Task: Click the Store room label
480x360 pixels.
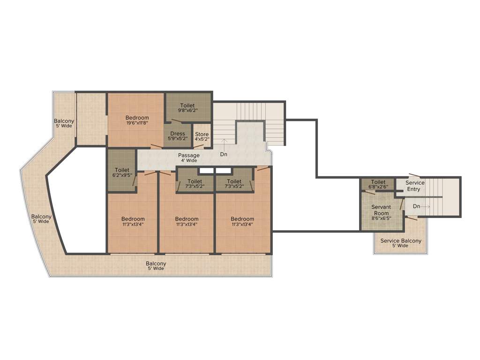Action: pyautogui.click(x=202, y=135)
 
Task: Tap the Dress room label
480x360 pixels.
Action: pyautogui.click(x=178, y=134)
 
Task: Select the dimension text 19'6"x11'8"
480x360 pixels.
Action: pyautogui.click(x=137, y=123)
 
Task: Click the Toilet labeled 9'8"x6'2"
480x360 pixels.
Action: pyautogui.click(x=187, y=106)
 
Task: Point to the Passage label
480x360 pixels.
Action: pyautogui.click(x=189, y=155)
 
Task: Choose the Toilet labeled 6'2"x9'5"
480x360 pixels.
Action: pyautogui.click(x=122, y=170)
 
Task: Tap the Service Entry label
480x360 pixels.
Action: pyautogui.click(x=415, y=183)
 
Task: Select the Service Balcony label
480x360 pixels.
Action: pyautogui.click(x=401, y=241)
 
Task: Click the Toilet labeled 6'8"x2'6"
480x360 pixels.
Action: pyautogui.click(x=378, y=182)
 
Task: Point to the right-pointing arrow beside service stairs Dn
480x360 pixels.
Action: pyautogui.click(x=425, y=206)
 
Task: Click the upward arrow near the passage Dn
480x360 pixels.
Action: pyautogui.click(x=225, y=143)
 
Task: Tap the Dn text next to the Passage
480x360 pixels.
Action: pyautogui.click(x=224, y=154)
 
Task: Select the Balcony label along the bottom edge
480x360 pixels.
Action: pyautogui.click(x=156, y=263)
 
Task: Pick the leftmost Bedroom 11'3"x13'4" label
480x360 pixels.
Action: pyautogui.click(x=133, y=219)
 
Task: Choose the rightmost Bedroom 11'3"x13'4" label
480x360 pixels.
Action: pyautogui.click(x=242, y=219)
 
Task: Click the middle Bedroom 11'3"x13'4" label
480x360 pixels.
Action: pyautogui.click(x=187, y=219)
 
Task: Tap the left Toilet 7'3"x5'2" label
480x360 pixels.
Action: pyautogui.click(x=195, y=181)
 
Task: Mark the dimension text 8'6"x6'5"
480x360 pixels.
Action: pyautogui.click(x=381, y=217)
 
